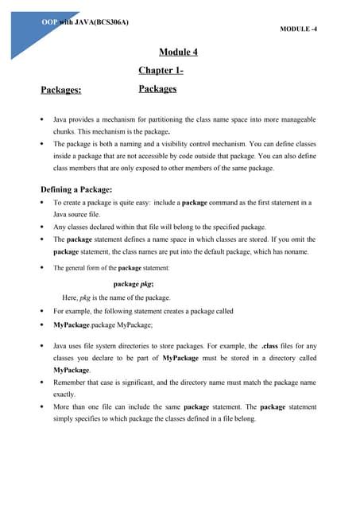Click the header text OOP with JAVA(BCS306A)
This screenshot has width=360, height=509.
pyautogui.click(x=85, y=21)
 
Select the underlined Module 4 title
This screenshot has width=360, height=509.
pyautogui.click(x=178, y=52)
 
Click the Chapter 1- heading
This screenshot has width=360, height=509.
pyautogui.click(x=161, y=71)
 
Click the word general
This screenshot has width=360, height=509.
pyautogui.click(x=78, y=268)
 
